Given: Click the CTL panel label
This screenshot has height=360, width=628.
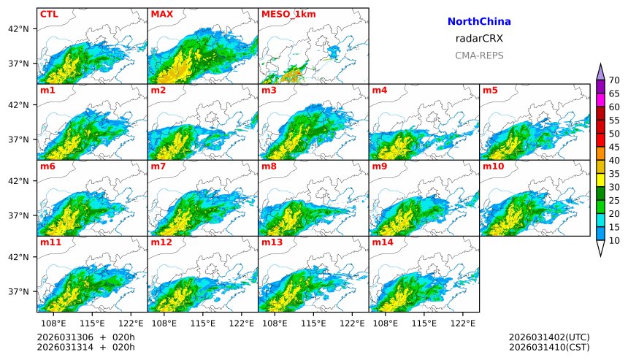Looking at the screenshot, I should click(49, 14).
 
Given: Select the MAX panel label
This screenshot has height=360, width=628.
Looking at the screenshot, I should click(161, 14).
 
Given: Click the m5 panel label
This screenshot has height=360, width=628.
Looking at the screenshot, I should click(489, 91).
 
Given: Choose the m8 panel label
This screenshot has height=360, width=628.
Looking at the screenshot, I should click(268, 166).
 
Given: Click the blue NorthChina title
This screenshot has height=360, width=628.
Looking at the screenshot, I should click(479, 22).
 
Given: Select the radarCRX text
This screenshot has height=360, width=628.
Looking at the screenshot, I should click(479, 39).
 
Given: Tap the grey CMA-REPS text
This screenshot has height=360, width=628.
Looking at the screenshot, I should click(479, 55).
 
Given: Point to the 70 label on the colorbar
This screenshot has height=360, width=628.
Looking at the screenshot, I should click(614, 80).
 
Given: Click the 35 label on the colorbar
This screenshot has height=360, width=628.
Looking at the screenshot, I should click(614, 174).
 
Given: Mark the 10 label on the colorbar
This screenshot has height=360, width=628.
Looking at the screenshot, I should click(614, 240).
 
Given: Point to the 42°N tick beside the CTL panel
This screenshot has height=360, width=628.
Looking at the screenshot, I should click(18, 29).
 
